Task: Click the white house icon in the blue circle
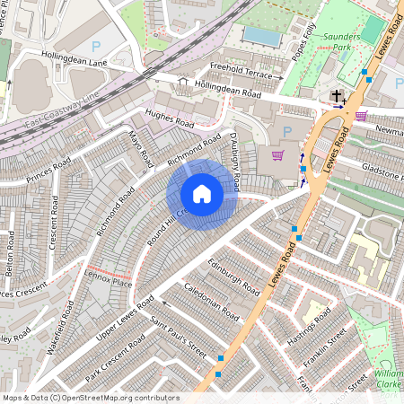(x=202, y=194)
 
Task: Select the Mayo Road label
(x=138, y=150)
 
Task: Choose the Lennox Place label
(x=108, y=284)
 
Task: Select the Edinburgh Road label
(x=233, y=272)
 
